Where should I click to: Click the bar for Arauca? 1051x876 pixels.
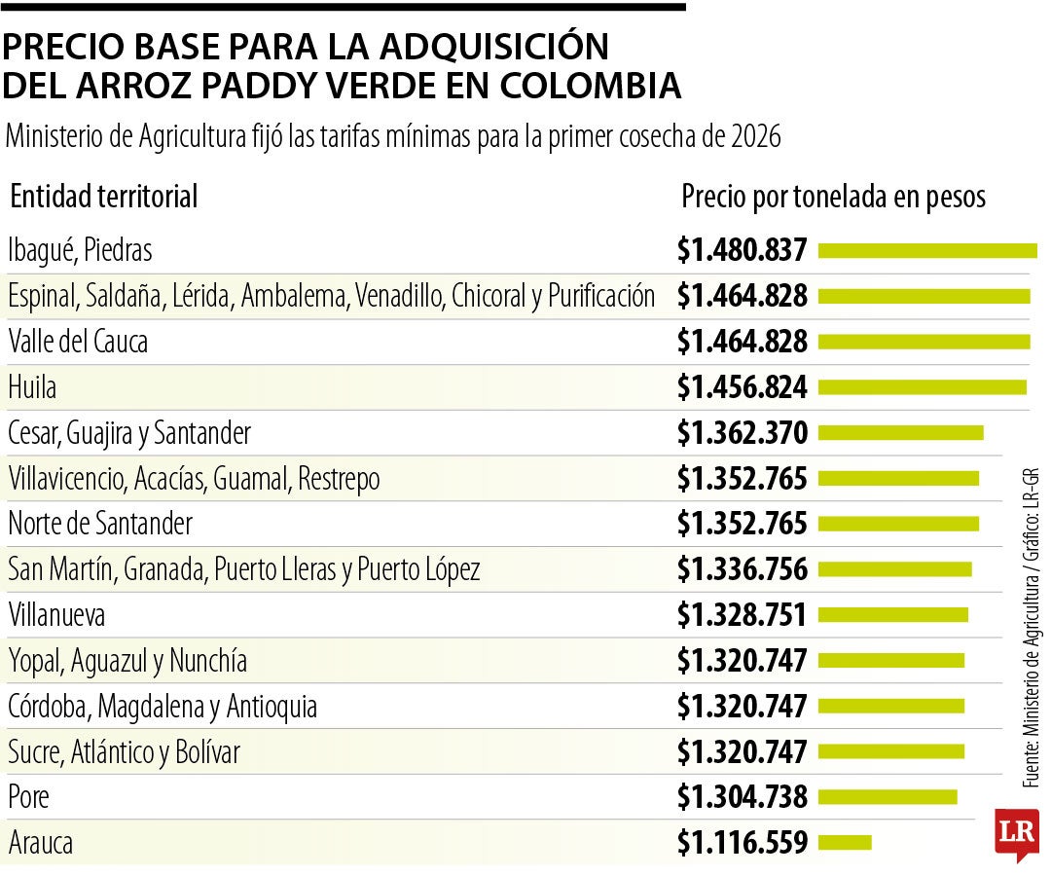(845, 842)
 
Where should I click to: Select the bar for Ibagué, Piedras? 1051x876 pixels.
(927, 251)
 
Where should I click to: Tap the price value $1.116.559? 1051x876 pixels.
(743, 842)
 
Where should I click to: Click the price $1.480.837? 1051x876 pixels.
(743, 251)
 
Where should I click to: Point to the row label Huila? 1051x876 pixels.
(32, 387)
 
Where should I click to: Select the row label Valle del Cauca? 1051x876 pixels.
(78, 342)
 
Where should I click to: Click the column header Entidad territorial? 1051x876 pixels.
(103, 197)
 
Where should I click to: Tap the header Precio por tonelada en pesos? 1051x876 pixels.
(833, 197)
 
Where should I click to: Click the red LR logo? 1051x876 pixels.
(1016, 833)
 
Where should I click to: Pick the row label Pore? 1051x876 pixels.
(28, 797)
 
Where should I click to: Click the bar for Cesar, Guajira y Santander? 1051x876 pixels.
(900, 433)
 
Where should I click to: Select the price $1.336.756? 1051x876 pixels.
(743, 569)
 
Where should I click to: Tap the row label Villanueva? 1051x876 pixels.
(56, 615)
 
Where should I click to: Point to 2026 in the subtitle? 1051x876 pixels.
(753, 137)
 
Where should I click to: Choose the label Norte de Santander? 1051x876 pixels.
(100, 524)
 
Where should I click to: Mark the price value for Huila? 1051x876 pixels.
(743, 387)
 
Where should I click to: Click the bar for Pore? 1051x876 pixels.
(888, 797)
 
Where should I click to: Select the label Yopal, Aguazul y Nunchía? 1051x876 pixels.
(127, 661)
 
